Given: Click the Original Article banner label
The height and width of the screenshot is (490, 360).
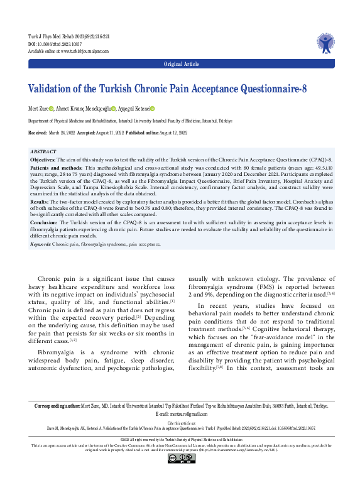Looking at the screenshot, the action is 180,65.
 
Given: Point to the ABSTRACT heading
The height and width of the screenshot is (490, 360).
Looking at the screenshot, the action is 43,152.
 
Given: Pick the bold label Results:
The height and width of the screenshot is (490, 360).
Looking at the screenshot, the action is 40,201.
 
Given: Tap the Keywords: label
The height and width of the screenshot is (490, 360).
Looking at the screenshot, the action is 40,242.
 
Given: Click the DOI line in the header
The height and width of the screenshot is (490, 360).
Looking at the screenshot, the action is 63,45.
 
